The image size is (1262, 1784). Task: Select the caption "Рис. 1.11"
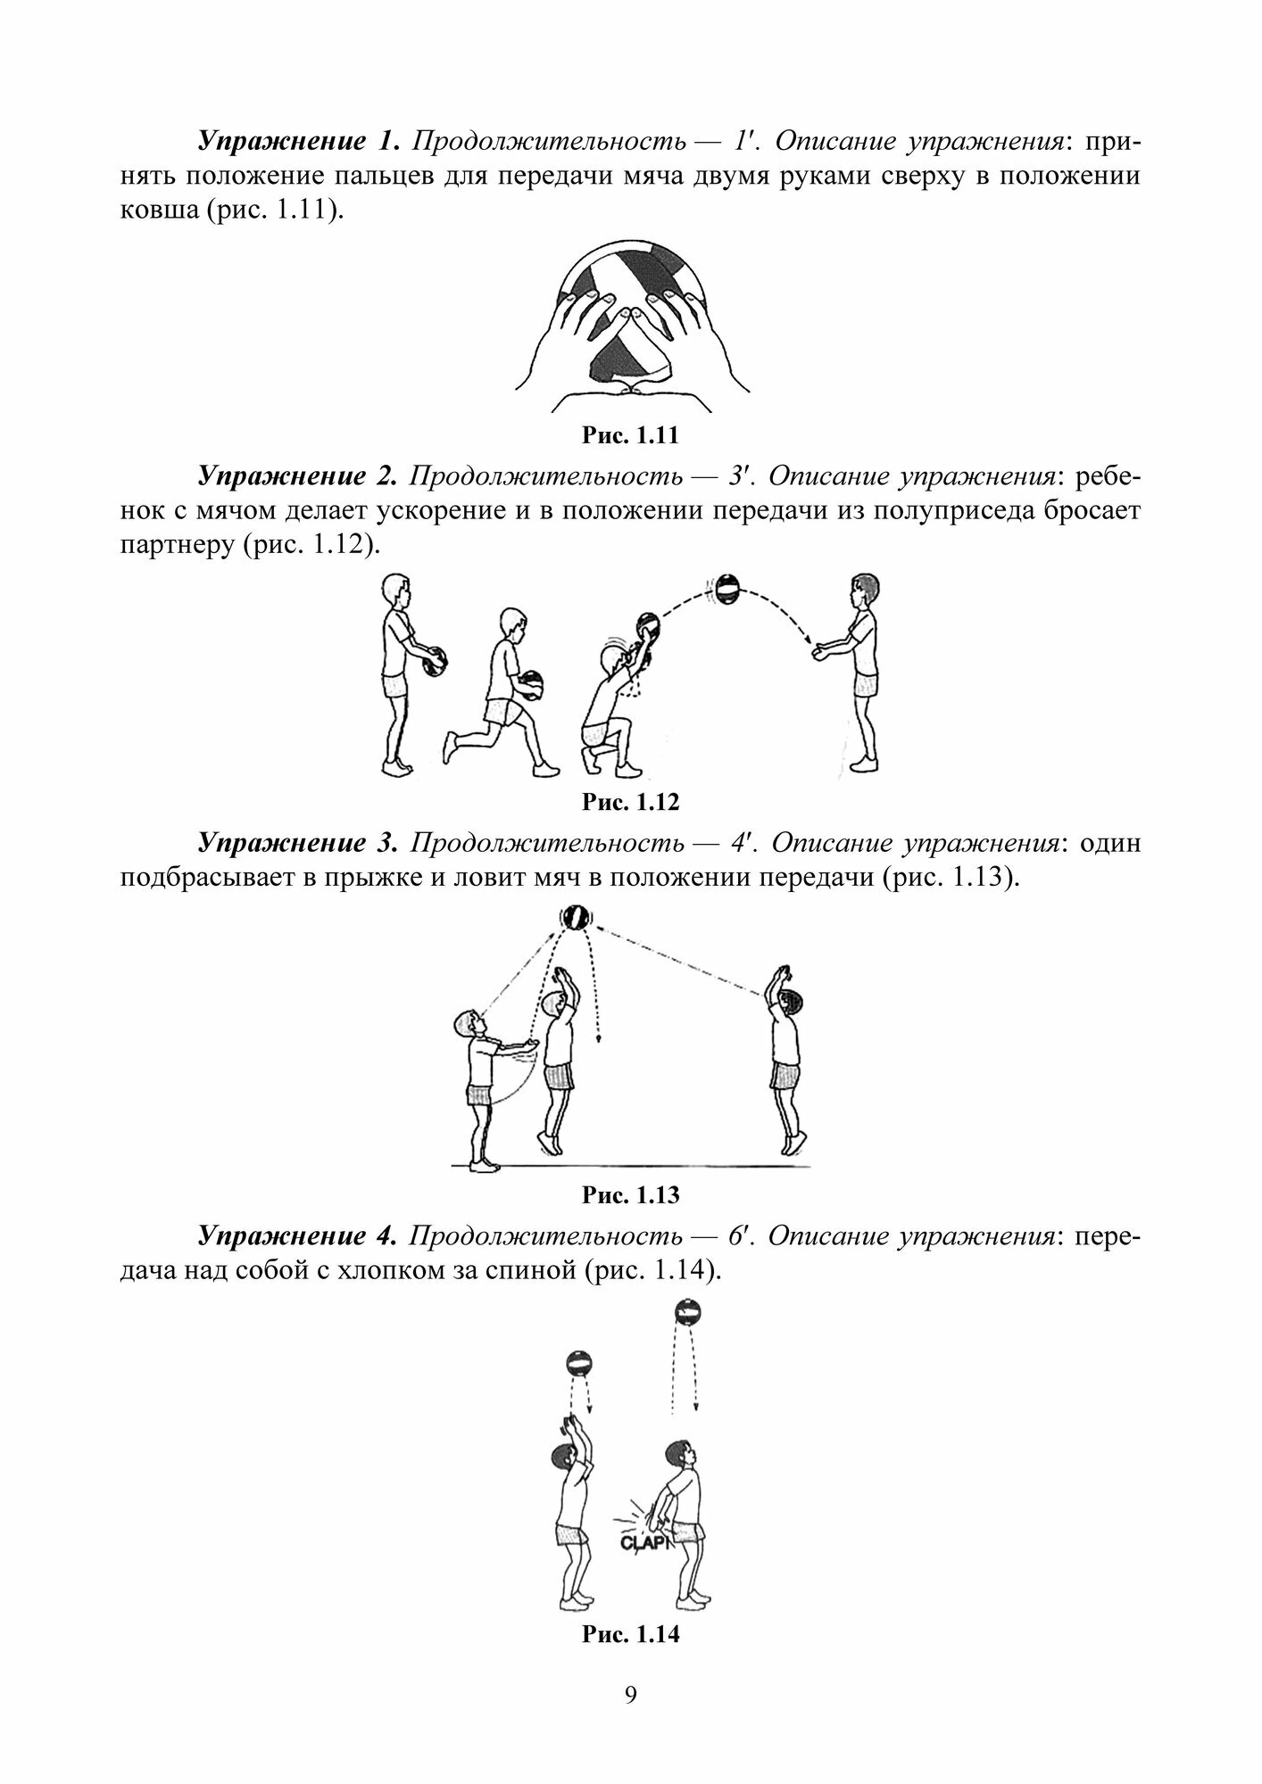[x=630, y=436]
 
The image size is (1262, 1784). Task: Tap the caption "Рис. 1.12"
[x=630, y=802]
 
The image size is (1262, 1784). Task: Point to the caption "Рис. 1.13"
[x=630, y=1195]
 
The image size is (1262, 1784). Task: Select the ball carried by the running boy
[x=530, y=685]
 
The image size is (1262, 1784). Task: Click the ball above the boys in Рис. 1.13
[x=575, y=918]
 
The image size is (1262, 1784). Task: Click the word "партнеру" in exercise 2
[x=175, y=545]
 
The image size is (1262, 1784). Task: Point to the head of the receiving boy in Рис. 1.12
[x=864, y=589]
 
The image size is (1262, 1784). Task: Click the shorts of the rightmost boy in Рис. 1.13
[x=785, y=1076]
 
